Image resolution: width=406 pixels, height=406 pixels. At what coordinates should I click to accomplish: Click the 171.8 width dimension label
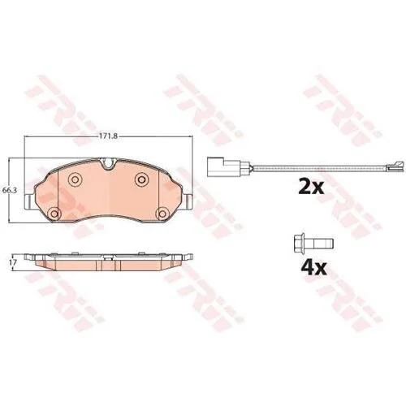click(x=108, y=136)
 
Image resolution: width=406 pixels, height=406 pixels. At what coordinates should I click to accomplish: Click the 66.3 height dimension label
click(x=10, y=190)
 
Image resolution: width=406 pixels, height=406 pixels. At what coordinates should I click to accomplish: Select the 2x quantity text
click(x=311, y=186)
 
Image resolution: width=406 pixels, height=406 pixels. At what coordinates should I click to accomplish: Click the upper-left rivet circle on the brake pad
click(x=75, y=179)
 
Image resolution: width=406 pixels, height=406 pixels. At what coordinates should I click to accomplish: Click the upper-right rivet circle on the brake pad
click(x=141, y=179)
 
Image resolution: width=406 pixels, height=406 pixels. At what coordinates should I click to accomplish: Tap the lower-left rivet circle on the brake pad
click(x=54, y=214)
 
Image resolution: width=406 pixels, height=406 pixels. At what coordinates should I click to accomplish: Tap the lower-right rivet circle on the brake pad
click(x=162, y=214)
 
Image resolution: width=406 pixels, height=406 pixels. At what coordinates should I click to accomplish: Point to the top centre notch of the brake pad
click(x=108, y=164)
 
